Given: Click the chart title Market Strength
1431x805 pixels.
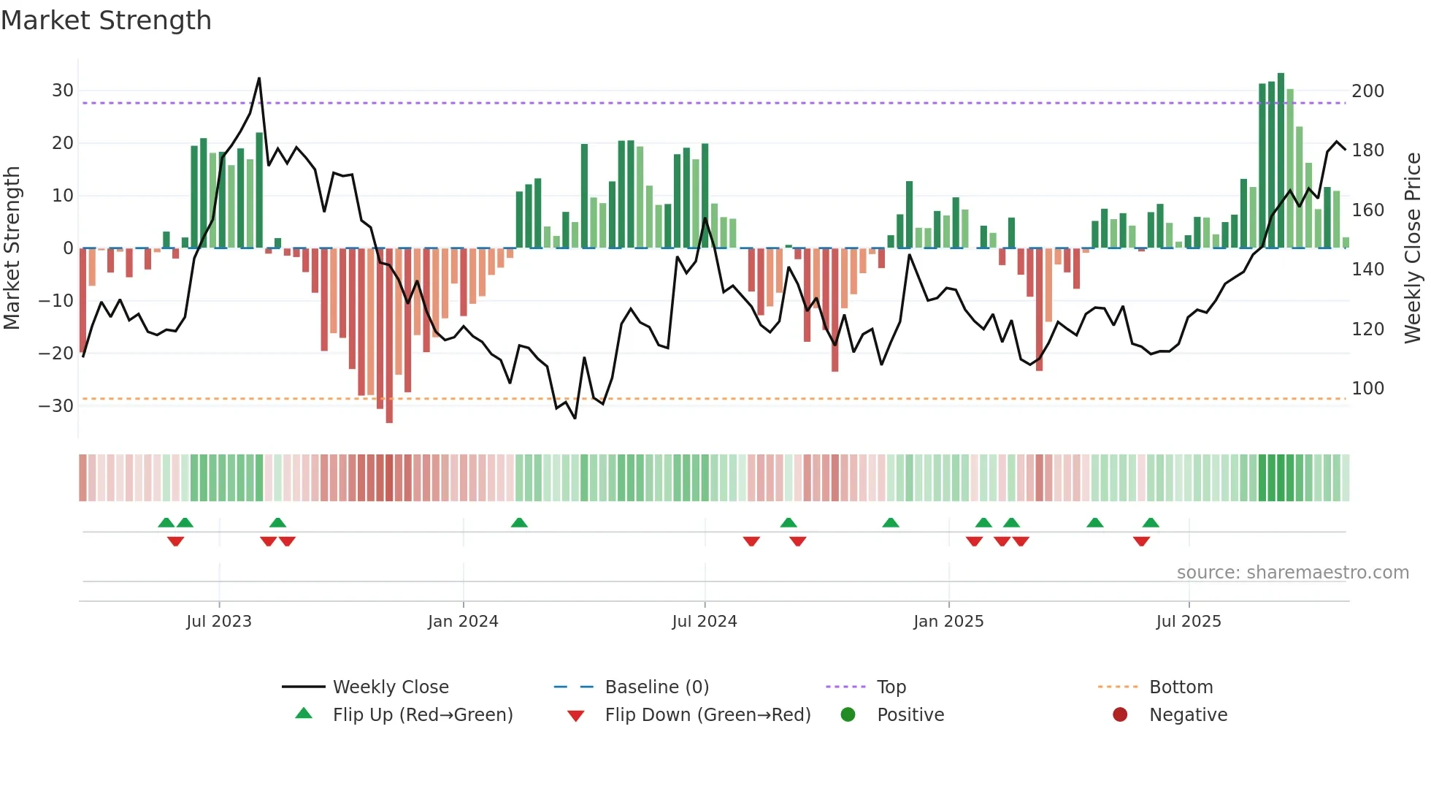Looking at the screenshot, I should (106, 20).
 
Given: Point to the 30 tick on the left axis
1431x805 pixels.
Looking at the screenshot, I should (63, 91).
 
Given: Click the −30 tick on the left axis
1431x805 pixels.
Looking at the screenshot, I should (57, 406).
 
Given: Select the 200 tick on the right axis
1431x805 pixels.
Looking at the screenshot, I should (1367, 91).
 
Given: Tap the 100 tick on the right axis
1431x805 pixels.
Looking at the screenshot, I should (1367, 389).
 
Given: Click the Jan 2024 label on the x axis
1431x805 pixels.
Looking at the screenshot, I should (463, 622).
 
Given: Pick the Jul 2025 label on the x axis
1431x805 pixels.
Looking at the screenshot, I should (1188, 622).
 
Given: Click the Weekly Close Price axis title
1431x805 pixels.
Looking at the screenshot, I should (1413, 248).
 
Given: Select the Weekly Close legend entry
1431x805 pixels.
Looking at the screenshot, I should (391, 687).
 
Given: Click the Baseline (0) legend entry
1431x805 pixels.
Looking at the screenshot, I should (656, 687).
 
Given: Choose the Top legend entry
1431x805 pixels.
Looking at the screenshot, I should (891, 687).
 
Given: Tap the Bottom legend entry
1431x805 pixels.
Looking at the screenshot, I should (1181, 687).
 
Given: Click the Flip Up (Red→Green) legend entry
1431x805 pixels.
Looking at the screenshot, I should (423, 715).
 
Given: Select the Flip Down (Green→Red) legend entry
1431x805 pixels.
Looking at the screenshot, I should (707, 715).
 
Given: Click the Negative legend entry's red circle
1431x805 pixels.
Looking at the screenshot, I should (1120, 715).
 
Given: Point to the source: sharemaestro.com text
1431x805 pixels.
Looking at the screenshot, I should (1292, 573).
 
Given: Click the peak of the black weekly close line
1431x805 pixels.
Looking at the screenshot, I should (259, 79).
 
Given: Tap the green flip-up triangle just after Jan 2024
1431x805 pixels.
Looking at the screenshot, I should (519, 523).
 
